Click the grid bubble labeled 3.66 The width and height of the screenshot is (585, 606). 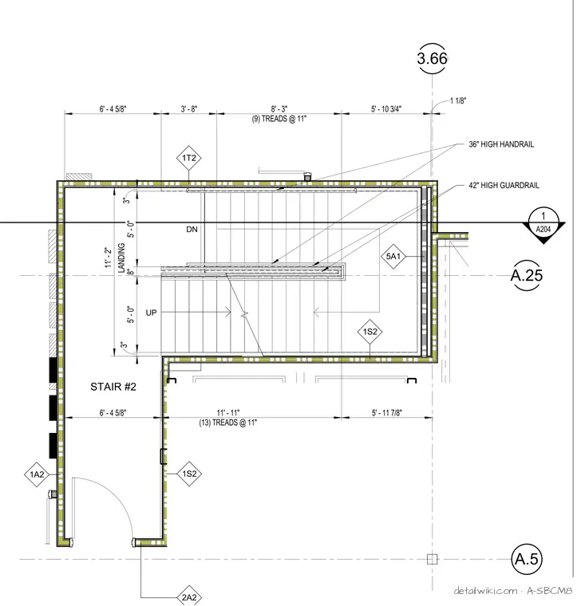433,58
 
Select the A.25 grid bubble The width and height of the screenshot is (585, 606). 527,275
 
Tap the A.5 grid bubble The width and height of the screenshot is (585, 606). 527,559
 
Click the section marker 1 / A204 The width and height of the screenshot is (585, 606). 543,225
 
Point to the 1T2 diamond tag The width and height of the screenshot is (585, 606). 189,158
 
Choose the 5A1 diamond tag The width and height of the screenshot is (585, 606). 393,256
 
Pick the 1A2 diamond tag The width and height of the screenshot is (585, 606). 37,474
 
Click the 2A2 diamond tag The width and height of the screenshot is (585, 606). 189,597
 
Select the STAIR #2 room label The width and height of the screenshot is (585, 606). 113,387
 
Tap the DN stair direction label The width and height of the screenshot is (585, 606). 192,229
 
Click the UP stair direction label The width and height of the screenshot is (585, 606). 151,313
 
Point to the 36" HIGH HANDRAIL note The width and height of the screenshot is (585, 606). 501,144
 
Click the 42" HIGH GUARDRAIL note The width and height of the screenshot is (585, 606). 504,186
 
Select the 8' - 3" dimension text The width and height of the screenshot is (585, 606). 279,109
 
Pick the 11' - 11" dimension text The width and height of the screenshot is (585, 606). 228,413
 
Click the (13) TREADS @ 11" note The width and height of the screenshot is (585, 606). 228,423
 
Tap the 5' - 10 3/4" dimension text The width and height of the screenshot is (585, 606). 386,109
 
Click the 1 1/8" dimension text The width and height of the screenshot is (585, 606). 458,101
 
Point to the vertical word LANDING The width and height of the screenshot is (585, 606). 121,258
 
